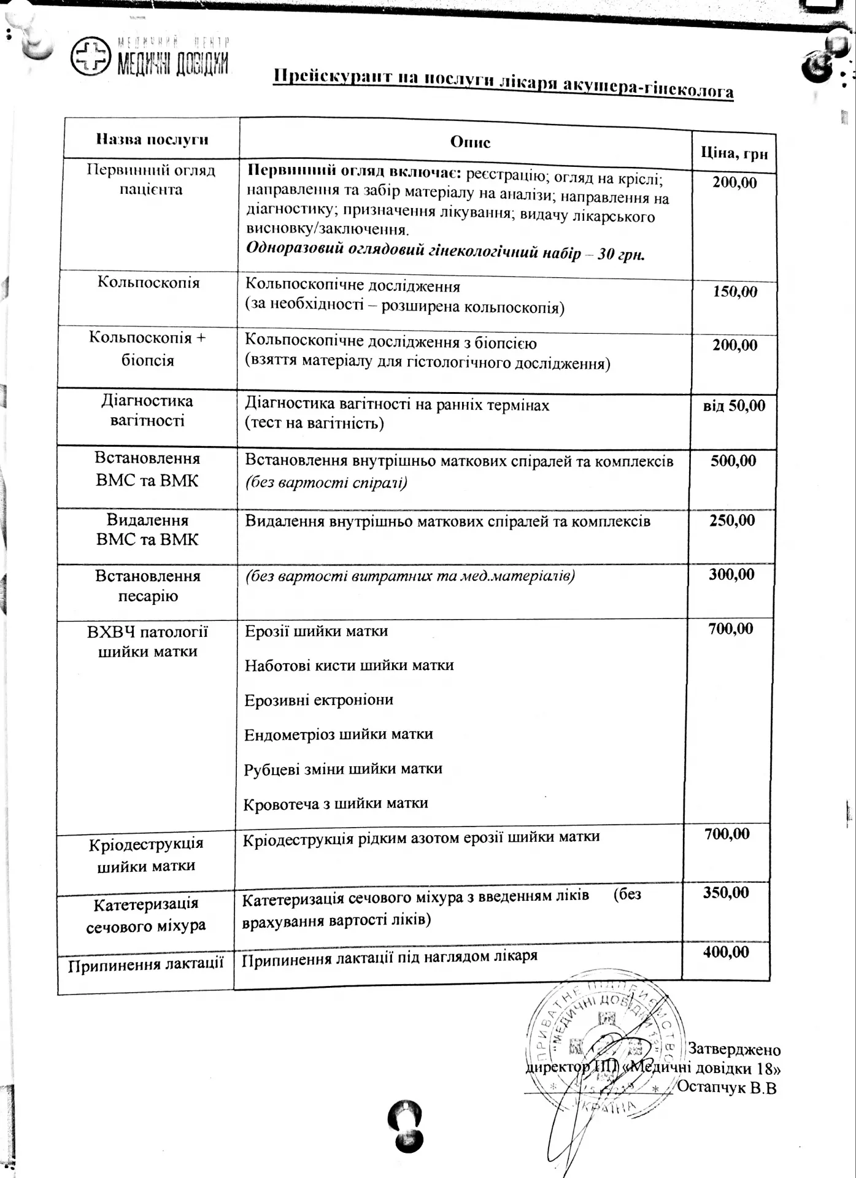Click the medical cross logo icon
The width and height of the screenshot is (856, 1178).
pos(91,56)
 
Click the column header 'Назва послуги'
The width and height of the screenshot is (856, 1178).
pos(152,139)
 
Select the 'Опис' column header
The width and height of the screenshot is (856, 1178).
pos(470,142)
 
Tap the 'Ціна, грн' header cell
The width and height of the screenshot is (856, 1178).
pos(734,153)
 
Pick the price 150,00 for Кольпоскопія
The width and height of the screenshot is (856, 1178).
pos(735,291)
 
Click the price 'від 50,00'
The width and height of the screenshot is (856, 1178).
pos(734,406)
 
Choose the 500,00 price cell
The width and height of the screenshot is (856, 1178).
pos(733,461)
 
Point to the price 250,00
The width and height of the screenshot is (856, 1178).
pos(732,520)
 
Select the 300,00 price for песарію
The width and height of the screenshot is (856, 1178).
pos(731,574)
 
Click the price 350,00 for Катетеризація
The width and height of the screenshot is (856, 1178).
pos(726,892)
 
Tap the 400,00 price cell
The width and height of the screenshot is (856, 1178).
pos(726,952)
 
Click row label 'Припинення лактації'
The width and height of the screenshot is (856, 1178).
pos(145,964)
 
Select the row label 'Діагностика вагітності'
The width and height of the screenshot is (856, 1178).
pos(147,410)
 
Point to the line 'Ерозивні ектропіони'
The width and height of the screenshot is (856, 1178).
pos(318,700)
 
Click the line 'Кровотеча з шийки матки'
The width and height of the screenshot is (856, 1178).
pos(335,804)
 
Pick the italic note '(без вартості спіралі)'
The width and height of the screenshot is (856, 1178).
pos(326,482)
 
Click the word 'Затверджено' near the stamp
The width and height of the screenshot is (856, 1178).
pos(733,1049)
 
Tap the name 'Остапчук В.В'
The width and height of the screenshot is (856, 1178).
pos(727,1088)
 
